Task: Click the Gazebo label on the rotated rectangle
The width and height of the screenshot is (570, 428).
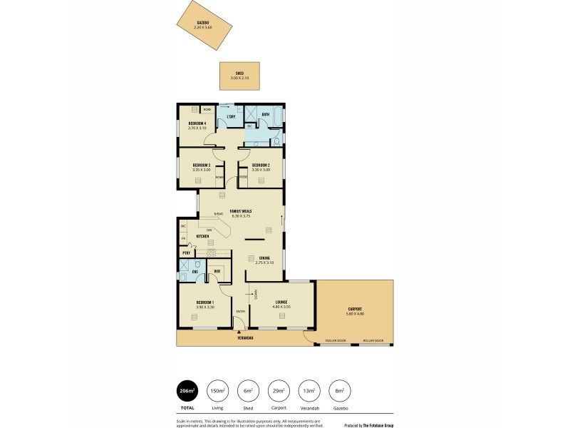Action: [202, 23]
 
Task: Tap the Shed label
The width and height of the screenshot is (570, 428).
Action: [239, 73]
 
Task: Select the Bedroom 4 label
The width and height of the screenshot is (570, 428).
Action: [197, 123]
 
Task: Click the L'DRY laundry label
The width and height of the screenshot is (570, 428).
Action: [231, 116]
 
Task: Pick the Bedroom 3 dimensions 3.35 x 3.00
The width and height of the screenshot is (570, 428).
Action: [202, 170]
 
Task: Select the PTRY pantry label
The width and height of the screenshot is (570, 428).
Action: [186, 253]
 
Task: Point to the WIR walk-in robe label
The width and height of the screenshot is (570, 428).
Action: [217, 271]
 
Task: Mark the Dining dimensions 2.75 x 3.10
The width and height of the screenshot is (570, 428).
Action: [264, 263]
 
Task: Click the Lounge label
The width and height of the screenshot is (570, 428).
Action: [281, 302]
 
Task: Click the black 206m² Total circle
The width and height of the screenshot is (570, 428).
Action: [187, 391]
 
